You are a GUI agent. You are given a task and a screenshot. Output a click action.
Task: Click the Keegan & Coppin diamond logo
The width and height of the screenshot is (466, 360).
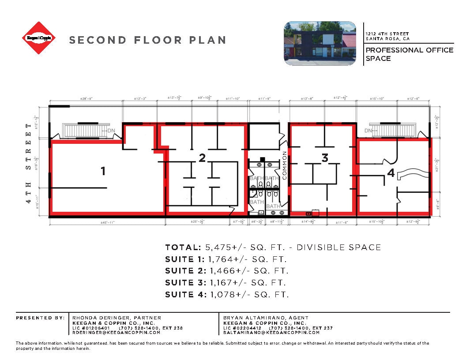coord(39,38)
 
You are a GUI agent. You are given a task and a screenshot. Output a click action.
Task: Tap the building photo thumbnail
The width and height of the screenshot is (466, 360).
coord(319,43)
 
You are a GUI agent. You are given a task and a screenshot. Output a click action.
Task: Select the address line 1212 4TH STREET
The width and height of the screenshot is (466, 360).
coord(387,34)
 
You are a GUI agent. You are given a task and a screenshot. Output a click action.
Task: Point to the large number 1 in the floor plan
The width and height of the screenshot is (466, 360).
coord(103,171)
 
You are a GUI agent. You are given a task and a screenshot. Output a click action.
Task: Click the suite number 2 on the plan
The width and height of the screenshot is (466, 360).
coord(202,158)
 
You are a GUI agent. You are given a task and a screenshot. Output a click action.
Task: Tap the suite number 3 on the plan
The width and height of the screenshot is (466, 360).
coord(325,158)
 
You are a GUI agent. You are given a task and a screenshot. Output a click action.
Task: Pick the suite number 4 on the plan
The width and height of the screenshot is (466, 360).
coord(391,173)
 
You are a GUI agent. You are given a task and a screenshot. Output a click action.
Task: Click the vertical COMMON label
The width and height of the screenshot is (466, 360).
coord(285,165)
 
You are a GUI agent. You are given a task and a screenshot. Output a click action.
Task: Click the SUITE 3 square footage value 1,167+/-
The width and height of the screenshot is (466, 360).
coord(224,282)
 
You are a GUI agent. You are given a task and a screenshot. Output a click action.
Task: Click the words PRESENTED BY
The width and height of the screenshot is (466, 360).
coord(40,318)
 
